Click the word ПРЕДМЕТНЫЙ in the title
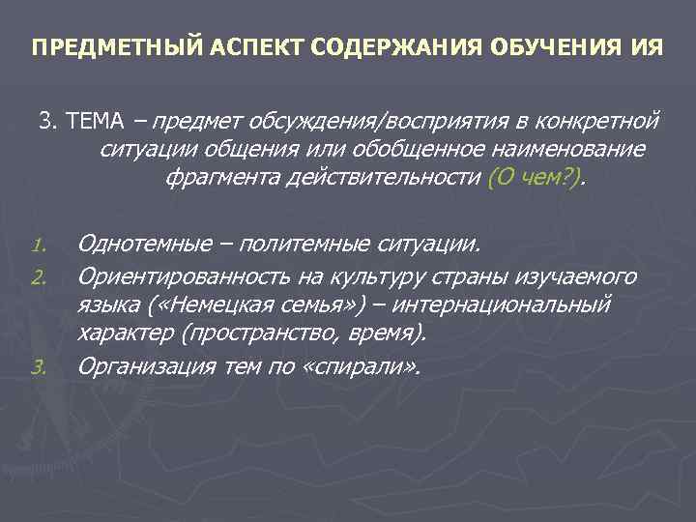click(x=92, y=47)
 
